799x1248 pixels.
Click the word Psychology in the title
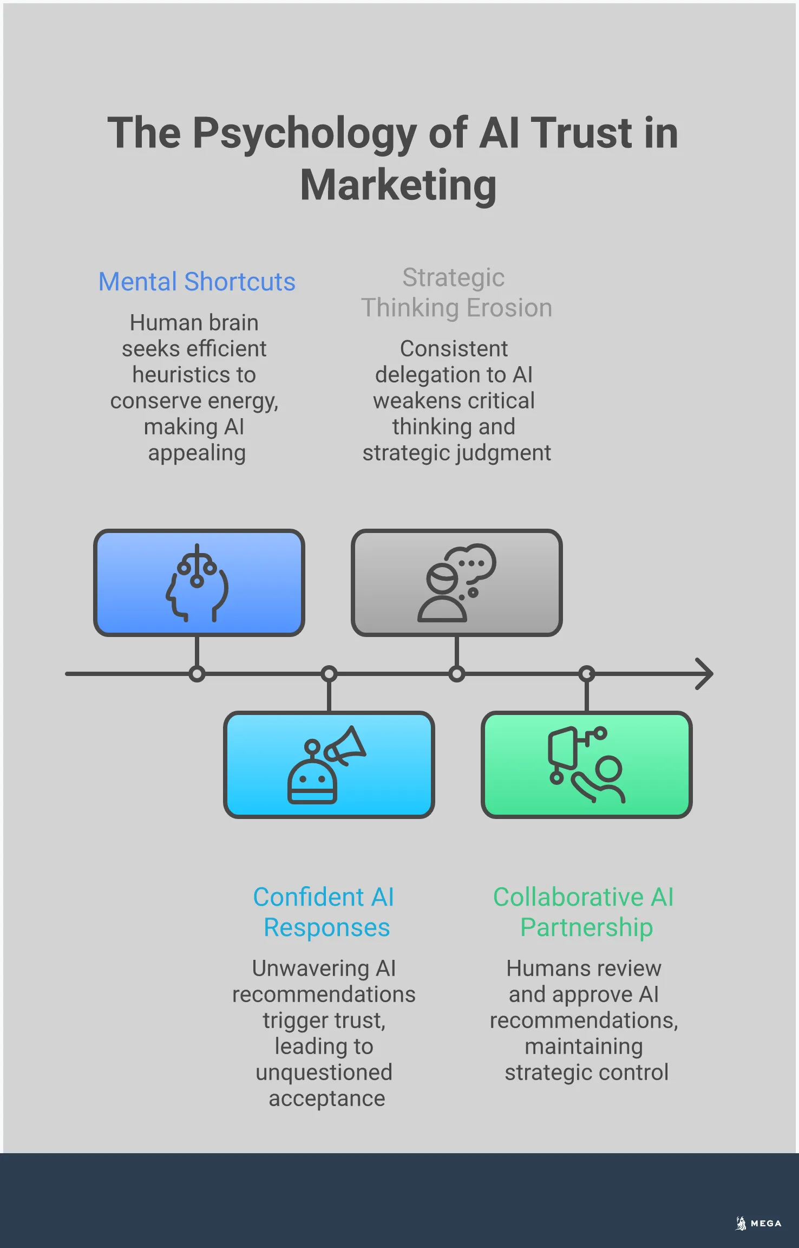pos(305,133)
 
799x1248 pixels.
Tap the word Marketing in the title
pos(398,185)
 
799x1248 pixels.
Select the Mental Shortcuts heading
pos(197,282)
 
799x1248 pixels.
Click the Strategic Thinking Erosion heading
pos(456,292)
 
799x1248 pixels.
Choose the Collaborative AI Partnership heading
pos(584,912)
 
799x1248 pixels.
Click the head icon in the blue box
pos(197,583)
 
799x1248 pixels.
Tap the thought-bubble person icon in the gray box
pos(456,583)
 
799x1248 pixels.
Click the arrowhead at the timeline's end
pos(704,674)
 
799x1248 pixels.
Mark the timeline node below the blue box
pos(197,674)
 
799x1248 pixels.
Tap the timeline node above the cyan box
pos(329,674)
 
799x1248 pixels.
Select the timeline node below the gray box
pos(456,674)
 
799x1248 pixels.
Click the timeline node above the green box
pos(587,674)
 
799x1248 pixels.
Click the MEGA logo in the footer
pos(758,1223)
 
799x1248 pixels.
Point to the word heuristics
pos(194,375)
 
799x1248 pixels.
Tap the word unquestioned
pos(324,1072)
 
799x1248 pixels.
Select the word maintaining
pos(584,1046)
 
